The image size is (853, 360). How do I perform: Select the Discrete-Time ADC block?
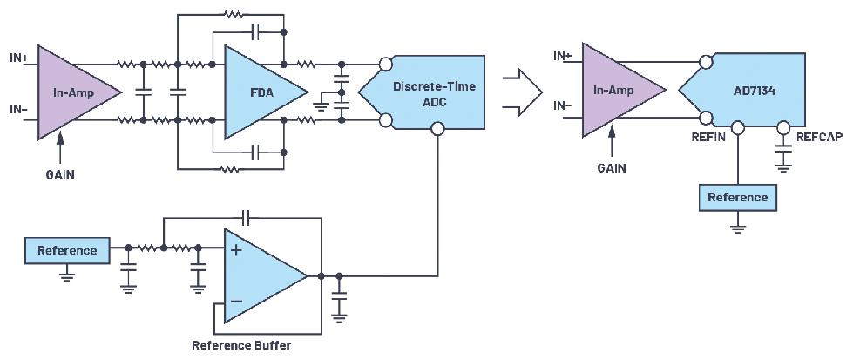click(426, 92)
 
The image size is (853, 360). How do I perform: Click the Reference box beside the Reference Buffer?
click(68, 250)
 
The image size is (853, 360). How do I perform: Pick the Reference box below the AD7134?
click(737, 197)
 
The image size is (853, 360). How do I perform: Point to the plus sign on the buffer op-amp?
click(236, 250)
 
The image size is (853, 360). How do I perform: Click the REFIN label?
click(707, 137)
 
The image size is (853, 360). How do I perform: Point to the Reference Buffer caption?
click(241, 345)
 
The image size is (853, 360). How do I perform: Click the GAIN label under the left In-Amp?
click(60, 173)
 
